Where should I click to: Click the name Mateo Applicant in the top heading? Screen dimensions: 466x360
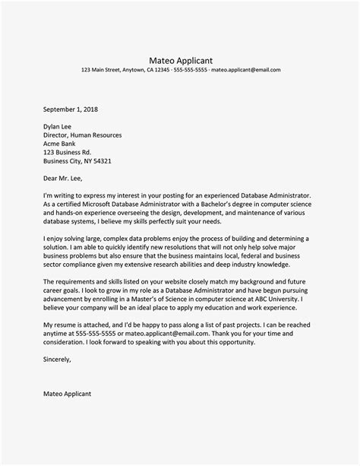coord(180,58)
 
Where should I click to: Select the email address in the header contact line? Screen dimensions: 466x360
coord(246,70)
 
